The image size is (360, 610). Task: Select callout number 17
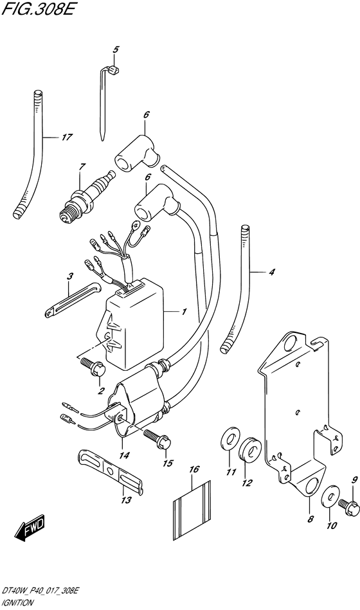click(67, 137)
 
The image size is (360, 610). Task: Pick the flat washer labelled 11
click(230, 440)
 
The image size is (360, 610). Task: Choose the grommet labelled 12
click(249, 449)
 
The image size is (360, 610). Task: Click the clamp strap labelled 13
click(111, 472)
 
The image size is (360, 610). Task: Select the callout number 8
click(310, 519)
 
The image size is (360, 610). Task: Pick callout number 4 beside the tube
click(272, 273)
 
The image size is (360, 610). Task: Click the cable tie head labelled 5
click(114, 71)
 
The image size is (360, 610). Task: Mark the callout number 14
click(125, 455)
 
